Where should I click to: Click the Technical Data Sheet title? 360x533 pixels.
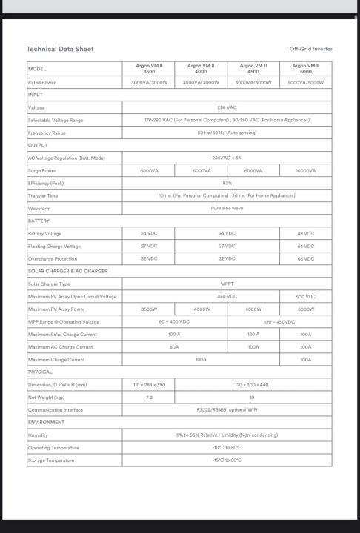(x=60, y=49)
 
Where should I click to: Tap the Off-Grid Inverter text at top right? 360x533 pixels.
(x=310, y=49)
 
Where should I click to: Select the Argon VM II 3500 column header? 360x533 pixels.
(x=149, y=69)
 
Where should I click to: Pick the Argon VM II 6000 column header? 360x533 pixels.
(x=305, y=69)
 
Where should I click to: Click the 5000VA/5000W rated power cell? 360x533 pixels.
(x=305, y=82)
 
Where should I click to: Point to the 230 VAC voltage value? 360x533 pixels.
(x=227, y=107)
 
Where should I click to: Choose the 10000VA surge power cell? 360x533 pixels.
(x=305, y=170)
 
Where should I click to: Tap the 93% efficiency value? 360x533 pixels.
(x=227, y=183)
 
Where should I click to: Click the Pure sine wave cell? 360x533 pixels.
(x=227, y=208)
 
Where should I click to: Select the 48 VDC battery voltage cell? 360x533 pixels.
(x=305, y=233)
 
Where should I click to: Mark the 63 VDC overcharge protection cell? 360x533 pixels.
(x=305, y=258)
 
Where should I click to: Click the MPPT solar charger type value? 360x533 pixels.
(x=227, y=284)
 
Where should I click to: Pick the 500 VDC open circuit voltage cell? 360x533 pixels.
(x=305, y=296)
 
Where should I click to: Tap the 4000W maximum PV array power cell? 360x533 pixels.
(x=201, y=309)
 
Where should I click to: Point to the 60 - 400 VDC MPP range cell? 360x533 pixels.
(x=174, y=321)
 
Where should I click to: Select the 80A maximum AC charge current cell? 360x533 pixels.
(x=174, y=346)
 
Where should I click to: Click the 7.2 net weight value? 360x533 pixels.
(x=148, y=397)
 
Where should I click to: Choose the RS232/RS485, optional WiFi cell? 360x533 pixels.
(x=227, y=409)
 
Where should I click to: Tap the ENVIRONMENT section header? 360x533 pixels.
(x=46, y=422)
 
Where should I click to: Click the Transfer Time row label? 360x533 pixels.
(x=43, y=195)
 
